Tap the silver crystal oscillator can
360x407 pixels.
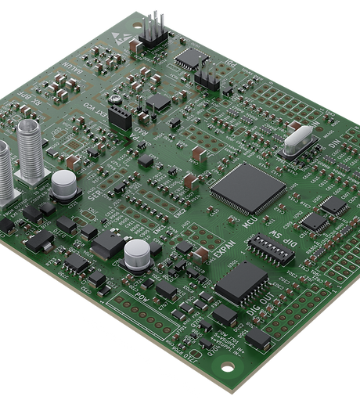[301, 143]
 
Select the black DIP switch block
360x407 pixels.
[270, 247]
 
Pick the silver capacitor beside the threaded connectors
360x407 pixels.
[64, 185]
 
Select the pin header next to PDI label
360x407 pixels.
[207, 76]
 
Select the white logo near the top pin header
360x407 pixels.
[128, 38]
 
